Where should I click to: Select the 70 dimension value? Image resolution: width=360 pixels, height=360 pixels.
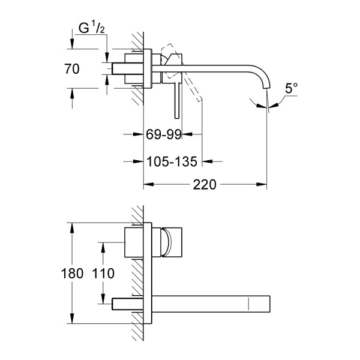point(72,69)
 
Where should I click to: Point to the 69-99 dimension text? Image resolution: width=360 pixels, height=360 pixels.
point(163,135)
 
